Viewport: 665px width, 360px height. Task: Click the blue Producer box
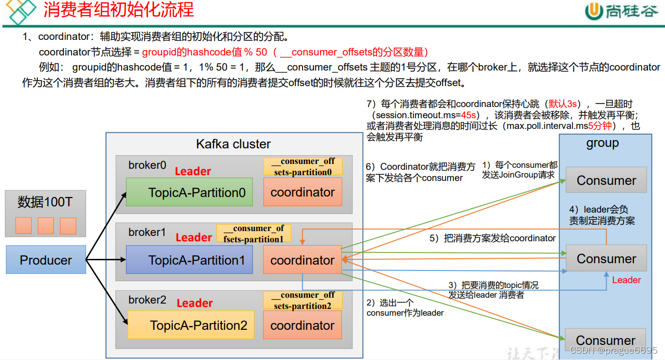(46, 260)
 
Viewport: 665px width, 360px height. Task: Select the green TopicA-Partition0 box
(190, 192)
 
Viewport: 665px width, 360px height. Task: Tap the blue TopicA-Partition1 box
(189, 260)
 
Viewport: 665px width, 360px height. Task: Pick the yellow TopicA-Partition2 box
(191, 325)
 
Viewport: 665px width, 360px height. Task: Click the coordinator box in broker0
(302, 192)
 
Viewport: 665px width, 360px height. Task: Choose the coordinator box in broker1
(302, 260)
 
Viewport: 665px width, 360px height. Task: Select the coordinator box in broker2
(302, 325)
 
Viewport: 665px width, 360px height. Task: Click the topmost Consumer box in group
(606, 180)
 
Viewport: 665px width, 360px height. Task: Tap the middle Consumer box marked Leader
(606, 259)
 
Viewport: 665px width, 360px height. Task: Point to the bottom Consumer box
(606, 340)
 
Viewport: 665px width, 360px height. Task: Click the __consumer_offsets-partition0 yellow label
(303, 166)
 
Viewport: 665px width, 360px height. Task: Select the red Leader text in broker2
(195, 303)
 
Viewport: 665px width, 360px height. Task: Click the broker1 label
(147, 233)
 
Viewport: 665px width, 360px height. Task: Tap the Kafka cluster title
(233, 144)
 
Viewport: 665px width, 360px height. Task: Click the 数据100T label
(45, 202)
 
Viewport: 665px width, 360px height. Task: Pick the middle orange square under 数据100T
(46, 226)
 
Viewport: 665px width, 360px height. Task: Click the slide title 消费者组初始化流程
(119, 10)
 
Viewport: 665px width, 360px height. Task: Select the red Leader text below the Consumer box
(626, 280)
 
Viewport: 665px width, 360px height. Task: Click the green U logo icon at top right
(593, 11)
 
